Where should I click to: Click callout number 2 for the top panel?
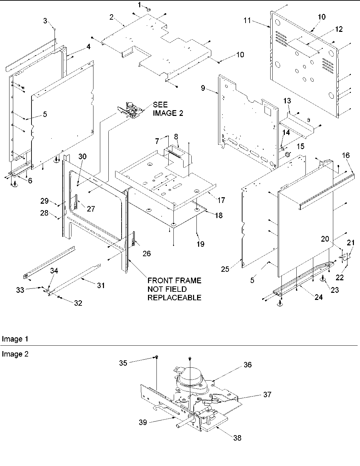click(111, 17)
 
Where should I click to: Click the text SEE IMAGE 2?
click(168, 109)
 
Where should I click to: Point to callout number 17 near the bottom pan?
click(221, 200)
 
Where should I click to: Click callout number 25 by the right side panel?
click(225, 269)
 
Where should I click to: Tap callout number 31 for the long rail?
click(101, 286)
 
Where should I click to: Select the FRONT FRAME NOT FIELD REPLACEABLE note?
click(174, 289)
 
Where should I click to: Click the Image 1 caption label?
click(15, 339)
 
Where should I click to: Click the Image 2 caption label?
click(15, 354)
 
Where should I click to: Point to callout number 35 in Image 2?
click(123, 363)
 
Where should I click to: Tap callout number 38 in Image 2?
click(237, 438)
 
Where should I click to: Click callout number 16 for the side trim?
click(345, 155)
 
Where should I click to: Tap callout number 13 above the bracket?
click(287, 101)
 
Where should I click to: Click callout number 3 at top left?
click(45, 21)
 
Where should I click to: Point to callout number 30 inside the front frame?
click(83, 156)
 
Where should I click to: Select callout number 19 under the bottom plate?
click(200, 244)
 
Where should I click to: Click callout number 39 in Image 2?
click(143, 422)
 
